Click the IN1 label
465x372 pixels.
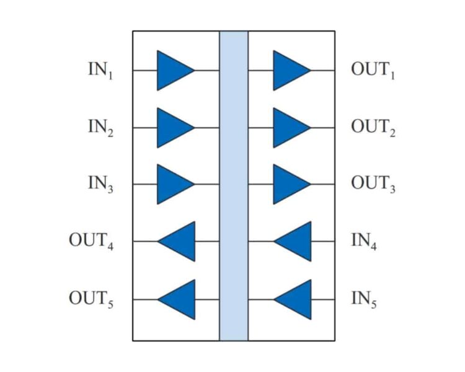101,70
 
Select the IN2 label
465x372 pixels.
101,128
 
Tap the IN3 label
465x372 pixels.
101,184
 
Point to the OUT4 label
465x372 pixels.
91,241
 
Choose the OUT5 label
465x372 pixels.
91,299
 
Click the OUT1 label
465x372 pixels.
373,70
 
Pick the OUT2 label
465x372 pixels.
373,128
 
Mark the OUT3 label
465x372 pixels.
373,184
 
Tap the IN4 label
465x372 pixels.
364,241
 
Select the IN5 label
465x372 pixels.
364,299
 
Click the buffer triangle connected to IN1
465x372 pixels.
173,70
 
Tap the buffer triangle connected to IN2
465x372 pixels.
173,128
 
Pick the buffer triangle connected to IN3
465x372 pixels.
173,184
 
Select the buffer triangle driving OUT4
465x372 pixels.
179,241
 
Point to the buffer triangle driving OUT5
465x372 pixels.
179,299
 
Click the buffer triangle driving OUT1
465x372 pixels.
289,70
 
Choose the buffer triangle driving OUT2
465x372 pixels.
289,128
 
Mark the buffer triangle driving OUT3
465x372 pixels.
289,184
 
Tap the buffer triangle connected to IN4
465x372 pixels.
296,241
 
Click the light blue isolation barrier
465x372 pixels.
234,186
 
